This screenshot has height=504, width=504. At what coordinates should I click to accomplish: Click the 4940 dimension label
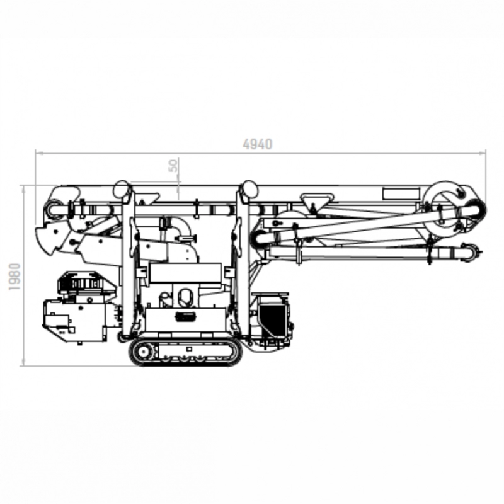point(258,144)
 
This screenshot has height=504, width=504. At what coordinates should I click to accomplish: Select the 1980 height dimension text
point(14,277)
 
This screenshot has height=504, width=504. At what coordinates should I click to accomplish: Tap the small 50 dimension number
point(173,165)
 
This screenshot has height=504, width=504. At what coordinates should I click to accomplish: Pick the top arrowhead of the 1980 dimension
point(23,190)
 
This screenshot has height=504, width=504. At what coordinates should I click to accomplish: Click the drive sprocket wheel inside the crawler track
point(142,352)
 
